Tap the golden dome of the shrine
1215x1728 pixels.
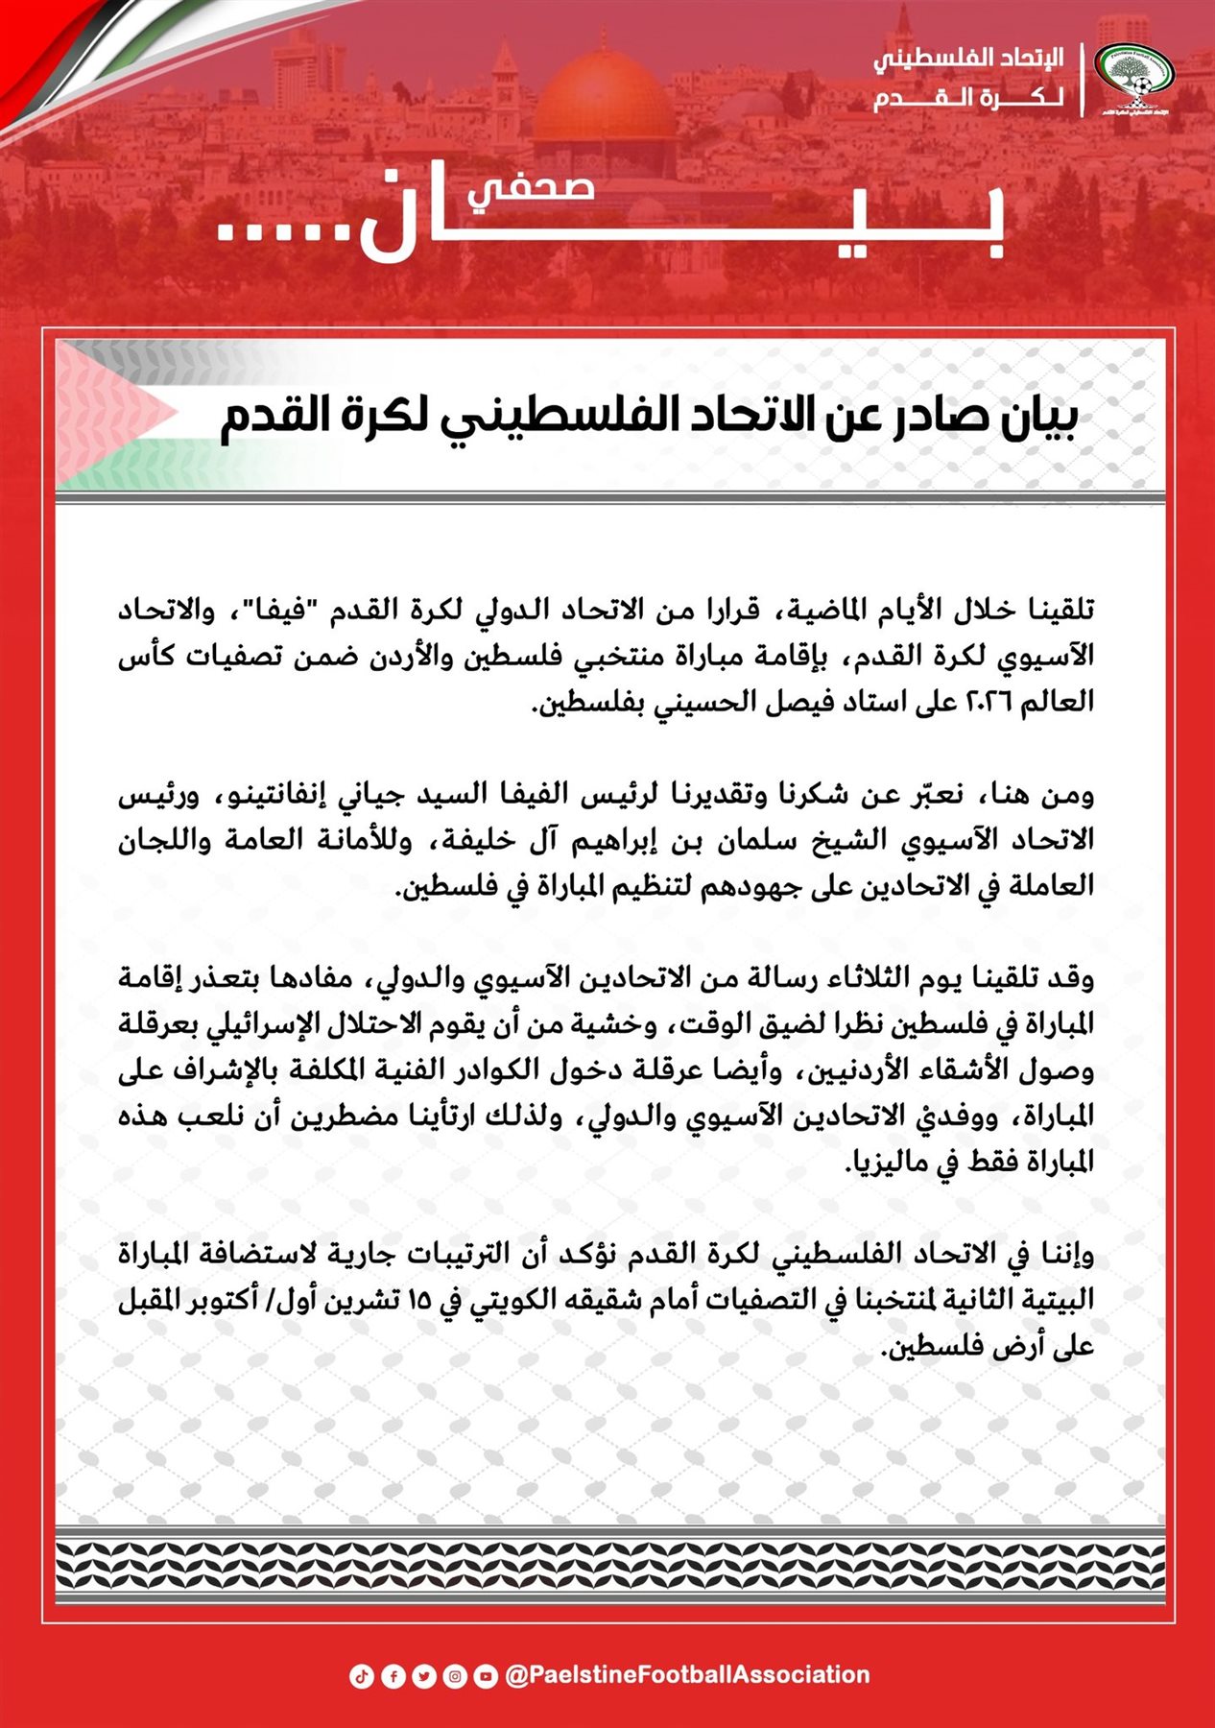coord(604,102)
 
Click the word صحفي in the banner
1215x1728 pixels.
coord(532,187)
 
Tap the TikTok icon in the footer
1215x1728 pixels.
coord(361,1676)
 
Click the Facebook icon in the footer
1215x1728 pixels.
coord(393,1676)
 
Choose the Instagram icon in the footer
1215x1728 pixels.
coord(455,1676)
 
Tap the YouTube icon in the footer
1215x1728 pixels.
coord(486,1676)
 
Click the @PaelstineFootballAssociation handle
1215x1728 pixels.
coord(687,1675)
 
